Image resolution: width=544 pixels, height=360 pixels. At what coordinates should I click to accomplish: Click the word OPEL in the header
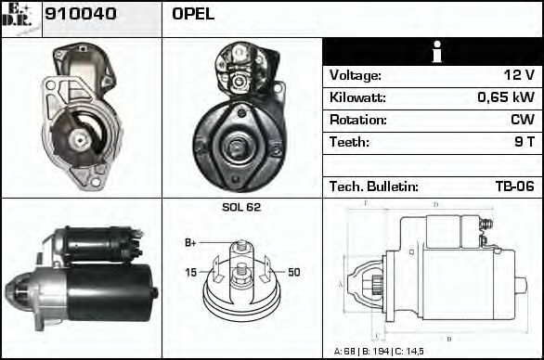(192, 15)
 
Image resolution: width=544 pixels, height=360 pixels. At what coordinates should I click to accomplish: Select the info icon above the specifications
(433, 52)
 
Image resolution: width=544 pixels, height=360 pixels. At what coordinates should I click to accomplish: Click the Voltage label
(355, 75)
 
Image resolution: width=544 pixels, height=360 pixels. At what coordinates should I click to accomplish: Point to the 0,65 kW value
(505, 97)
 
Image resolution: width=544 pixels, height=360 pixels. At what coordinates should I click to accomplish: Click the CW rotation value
(523, 120)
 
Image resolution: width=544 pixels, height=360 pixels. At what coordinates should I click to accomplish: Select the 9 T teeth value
(524, 142)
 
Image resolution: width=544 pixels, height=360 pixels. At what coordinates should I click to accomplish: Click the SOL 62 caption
(241, 207)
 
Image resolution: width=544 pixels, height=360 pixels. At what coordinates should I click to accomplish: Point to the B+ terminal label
(190, 243)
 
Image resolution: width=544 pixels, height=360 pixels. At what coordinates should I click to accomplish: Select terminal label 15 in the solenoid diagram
(190, 272)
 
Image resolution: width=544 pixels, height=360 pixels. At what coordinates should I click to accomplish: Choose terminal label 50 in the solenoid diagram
(294, 272)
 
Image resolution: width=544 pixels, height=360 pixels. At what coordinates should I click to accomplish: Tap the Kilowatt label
(357, 97)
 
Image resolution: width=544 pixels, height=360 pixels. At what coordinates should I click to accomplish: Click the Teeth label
(349, 142)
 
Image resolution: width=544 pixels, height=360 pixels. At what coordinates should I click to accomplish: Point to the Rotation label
(356, 120)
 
